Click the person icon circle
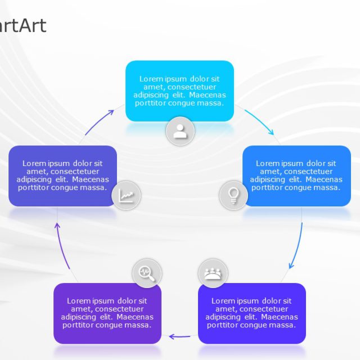tap(180, 132)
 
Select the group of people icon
tap(213, 273)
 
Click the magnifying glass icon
tap(146, 273)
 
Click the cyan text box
tap(179, 91)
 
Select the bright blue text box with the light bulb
tap(296, 175)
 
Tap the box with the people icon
tap(252, 313)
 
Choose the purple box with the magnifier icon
tap(107, 313)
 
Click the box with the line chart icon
tap(62, 175)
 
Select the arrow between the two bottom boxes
tap(180, 336)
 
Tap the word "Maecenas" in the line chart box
tap(93, 179)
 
